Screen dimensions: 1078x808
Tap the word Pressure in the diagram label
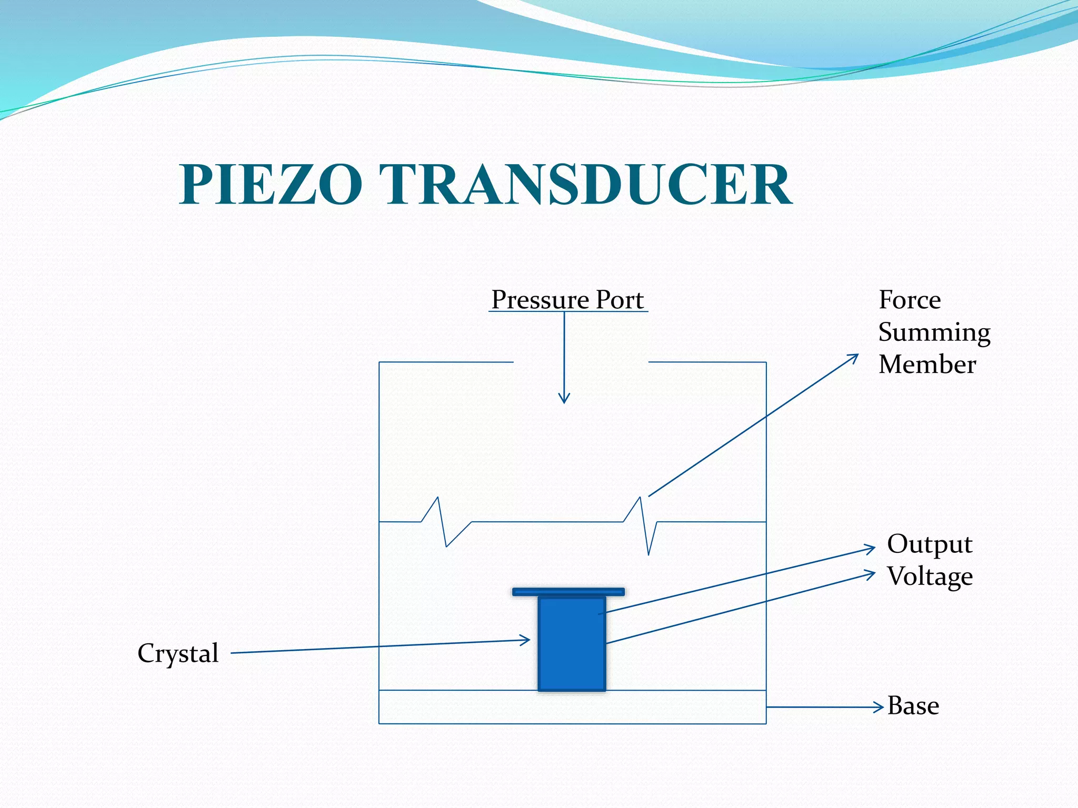pyautogui.click(x=541, y=300)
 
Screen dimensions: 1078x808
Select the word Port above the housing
pyautogui.click(x=620, y=300)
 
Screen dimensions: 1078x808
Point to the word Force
pyautogui.click(x=910, y=300)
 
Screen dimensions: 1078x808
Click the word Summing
pyautogui.click(x=934, y=333)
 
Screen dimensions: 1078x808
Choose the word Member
pyautogui.click(x=927, y=365)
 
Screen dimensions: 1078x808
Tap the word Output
pyautogui.click(x=930, y=544)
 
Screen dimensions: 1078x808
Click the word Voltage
pyautogui.click(x=930, y=577)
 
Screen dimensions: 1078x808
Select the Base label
pyautogui.click(x=913, y=706)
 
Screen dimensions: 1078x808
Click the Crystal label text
pyautogui.click(x=178, y=653)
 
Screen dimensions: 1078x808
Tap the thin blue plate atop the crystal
pyautogui.click(x=568, y=592)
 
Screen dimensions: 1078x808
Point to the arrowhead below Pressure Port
pyautogui.click(x=564, y=400)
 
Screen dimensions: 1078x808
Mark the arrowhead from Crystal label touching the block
pyautogui.click(x=526, y=640)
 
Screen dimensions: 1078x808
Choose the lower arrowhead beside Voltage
pyautogui.click(x=872, y=573)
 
